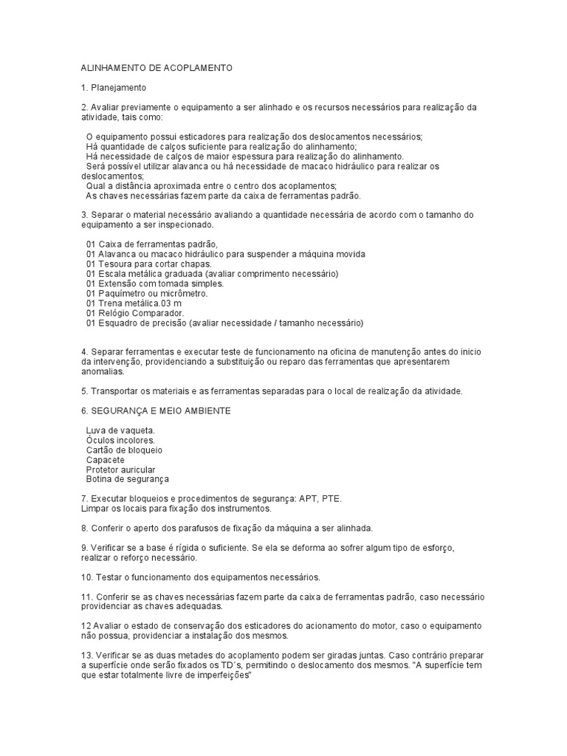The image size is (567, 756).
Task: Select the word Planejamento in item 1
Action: tap(117, 87)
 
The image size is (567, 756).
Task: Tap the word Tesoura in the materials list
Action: tap(115, 264)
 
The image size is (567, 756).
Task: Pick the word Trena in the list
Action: tap(111, 303)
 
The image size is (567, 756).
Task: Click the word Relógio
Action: tap(115, 313)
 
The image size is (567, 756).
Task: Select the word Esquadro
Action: tap(119, 323)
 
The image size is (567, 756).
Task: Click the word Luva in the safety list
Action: tap(96, 430)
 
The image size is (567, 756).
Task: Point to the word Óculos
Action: tap(100, 440)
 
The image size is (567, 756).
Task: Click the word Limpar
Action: tap(95, 509)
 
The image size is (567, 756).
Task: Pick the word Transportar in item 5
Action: tap(116, 391)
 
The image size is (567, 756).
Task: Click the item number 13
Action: tap(86, 655)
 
